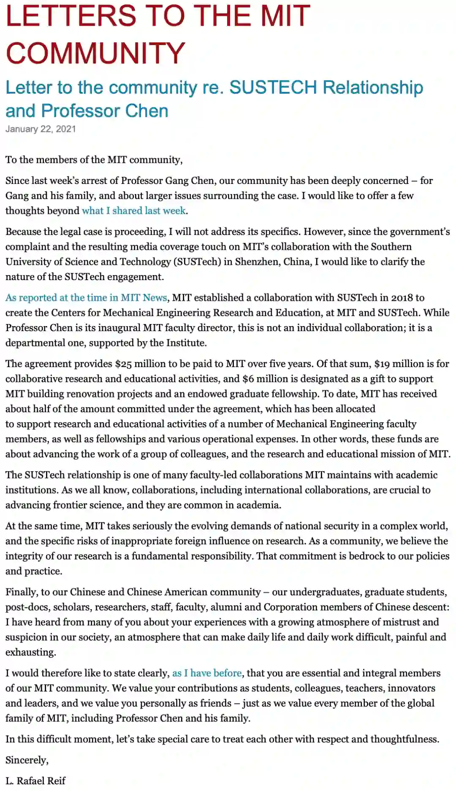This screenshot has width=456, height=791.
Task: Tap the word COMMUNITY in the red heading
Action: point(95,53)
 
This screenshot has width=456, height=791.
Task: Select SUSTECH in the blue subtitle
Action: point(273,87)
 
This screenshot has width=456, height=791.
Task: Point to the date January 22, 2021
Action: point(41,129)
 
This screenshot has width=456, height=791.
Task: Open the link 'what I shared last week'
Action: point(134,211)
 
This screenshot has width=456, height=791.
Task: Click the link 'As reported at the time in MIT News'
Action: point(86,297)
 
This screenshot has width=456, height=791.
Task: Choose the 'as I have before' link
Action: point(207,673)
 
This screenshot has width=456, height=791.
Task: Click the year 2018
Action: point(402,297)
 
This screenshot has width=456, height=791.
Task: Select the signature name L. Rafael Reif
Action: point(35,781)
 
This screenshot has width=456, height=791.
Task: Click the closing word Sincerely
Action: point(26,760)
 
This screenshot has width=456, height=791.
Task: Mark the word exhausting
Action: point(30,652)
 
